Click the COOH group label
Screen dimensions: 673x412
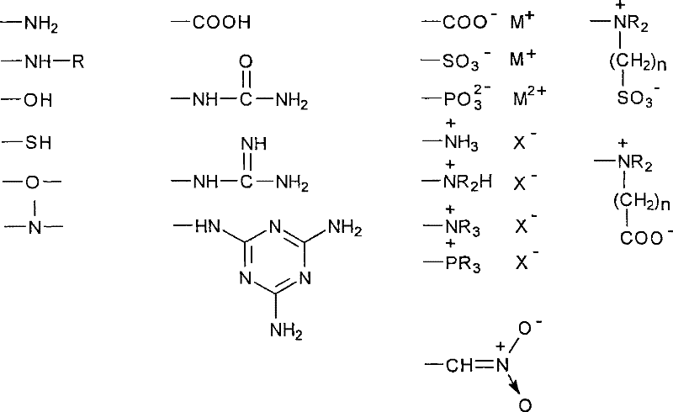pyautogui.click(x=221, y=23)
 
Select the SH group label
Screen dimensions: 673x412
pyautogui.click(x=38, y=142)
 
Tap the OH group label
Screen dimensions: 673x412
pyautogui.click(x=38, y=100)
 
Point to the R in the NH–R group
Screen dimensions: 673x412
pyautogui.click(x=78, y=62)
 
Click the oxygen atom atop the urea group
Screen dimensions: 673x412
pyautogui.click(x=246, y=62)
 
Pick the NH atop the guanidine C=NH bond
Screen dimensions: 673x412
pyautogui.click(x=254, y=143)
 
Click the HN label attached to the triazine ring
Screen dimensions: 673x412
pyautogui.click(x=208, y=225)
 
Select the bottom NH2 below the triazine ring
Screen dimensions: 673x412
pyautogui.click(x=286, y=330)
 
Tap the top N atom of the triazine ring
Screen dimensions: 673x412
pyautogui.click(x=275, y=226)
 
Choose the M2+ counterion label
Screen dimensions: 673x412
pyautogui.click(x=530, y=97)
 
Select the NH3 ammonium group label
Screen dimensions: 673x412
pyautogui.click(x=461, y=142)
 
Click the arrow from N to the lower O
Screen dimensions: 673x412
pyautogui.click(x=514, y=383)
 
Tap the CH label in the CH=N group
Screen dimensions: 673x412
pyautogui.click(x=459, y=366)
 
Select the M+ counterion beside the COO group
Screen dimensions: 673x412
pyautogui.click(x=522, y=20)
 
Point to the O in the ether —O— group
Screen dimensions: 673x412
pyautogui.click(x=32, y=182)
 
